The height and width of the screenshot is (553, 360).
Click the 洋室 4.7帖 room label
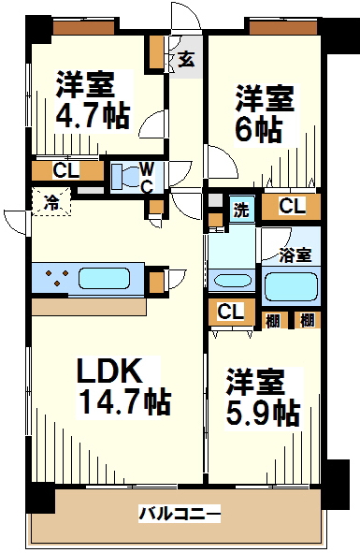click(x=93, y=100)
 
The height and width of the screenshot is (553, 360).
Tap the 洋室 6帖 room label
click(x=265, y=113)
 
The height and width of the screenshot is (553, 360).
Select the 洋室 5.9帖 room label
click(x=263, y=397)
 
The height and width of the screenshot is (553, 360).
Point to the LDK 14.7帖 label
click(x=124, y=386)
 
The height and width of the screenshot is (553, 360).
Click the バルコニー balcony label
click(x=180, y=514)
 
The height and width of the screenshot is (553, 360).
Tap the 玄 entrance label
click(x=186, y=60)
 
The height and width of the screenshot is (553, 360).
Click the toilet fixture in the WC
click(x=126, y=177)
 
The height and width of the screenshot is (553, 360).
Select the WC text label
click(x=147, y=178)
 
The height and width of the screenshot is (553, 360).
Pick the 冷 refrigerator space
click(x=51, y=202)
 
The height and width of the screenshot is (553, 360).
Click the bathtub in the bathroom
click(x=291, y=286)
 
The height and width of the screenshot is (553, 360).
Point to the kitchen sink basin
click(x=104, y=278)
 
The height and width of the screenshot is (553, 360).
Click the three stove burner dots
click(x=57, y=277)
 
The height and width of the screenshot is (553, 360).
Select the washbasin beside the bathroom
click(x=233, y=281)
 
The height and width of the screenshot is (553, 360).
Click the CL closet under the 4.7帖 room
click(x=66, y=170)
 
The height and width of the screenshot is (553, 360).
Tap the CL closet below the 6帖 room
click(x=292, y=206)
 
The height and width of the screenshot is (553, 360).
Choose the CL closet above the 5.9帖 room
click(x=230, y=312)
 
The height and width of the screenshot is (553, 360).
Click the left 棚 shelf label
click(x=272, y=320)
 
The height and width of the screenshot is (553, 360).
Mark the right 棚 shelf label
click(x=307, y=320)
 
